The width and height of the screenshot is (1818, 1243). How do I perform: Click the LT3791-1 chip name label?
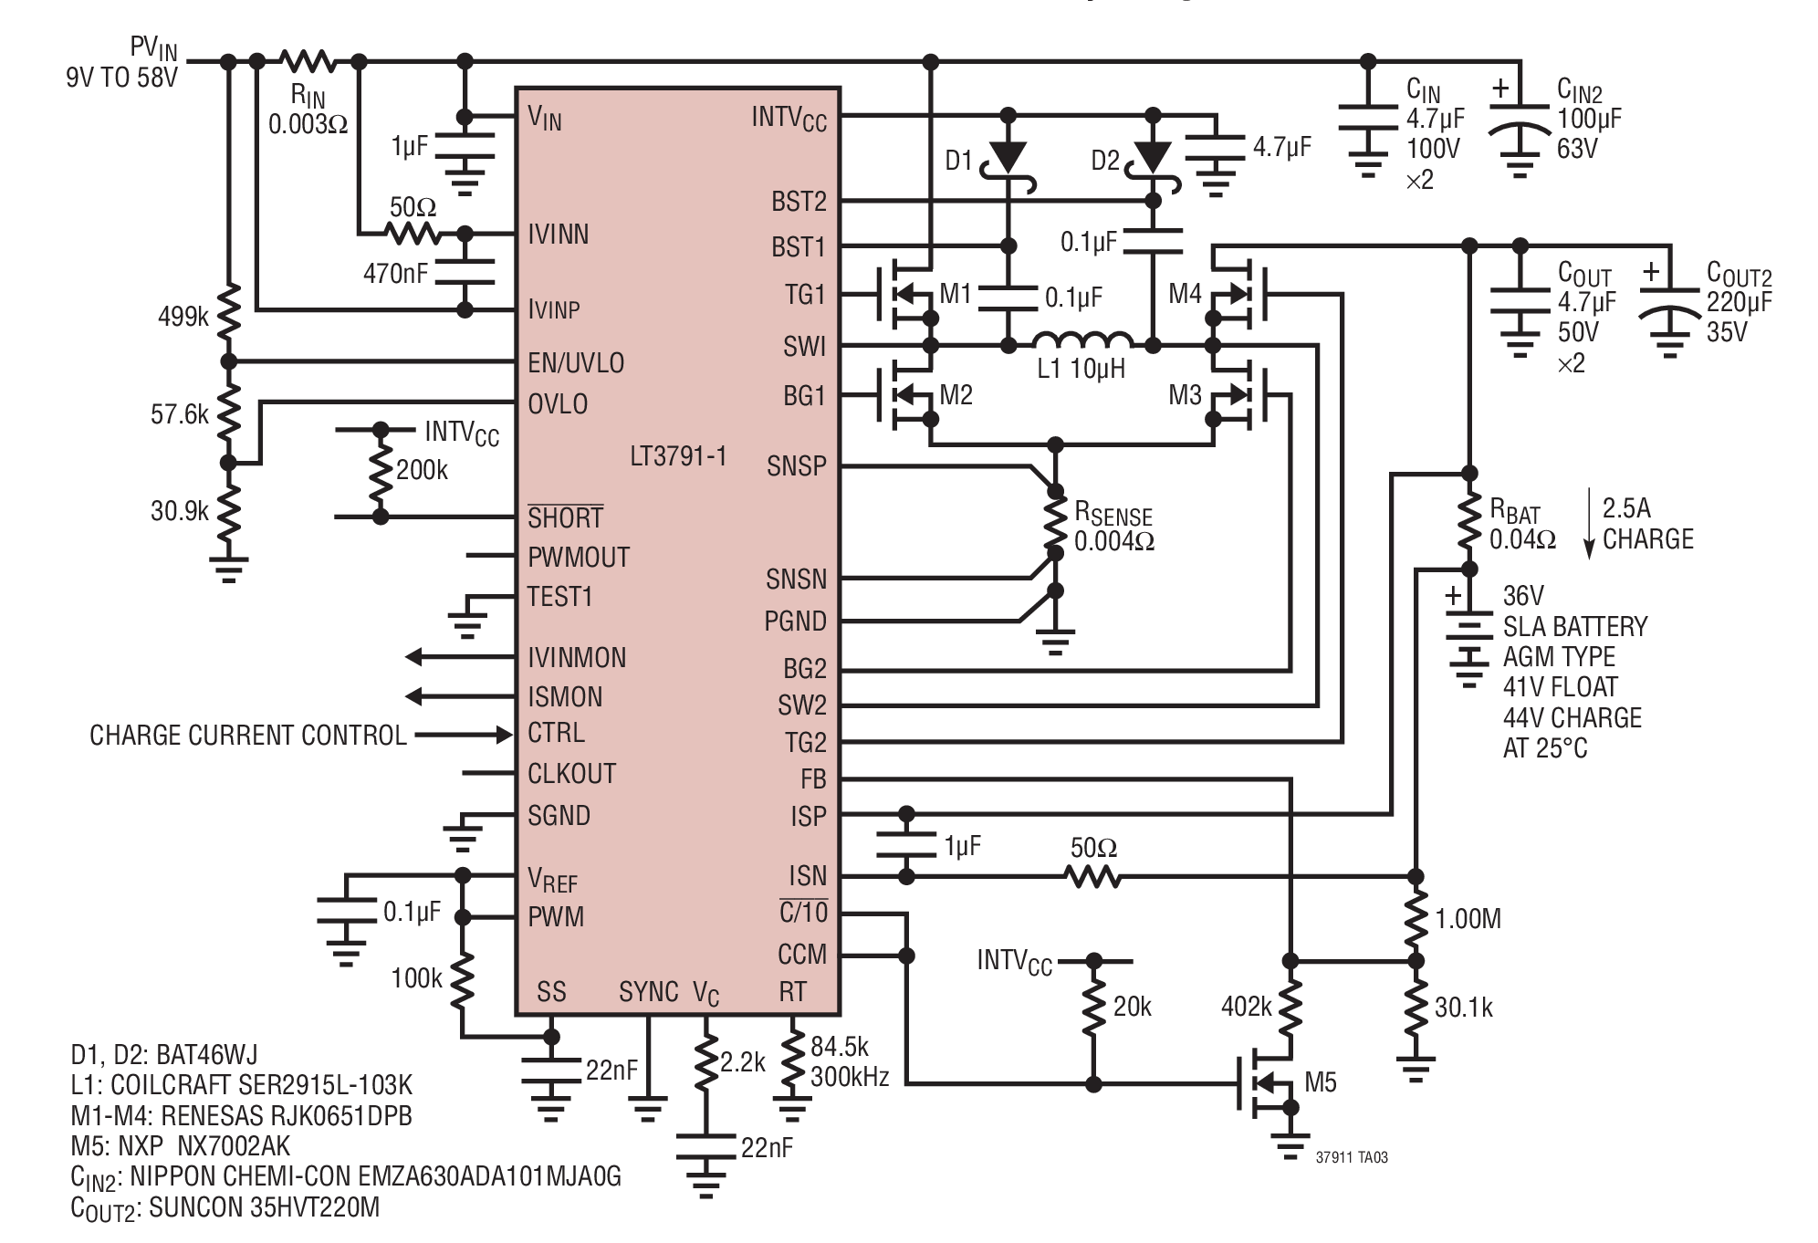678,455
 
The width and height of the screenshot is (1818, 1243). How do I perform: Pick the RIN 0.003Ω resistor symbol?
308,61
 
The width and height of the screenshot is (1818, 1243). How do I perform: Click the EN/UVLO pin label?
576,363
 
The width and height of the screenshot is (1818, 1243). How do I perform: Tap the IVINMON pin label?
577,658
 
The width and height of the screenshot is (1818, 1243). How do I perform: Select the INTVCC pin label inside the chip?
789,119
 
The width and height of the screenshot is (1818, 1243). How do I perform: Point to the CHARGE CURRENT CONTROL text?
248,736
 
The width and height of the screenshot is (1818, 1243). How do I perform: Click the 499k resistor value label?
183,318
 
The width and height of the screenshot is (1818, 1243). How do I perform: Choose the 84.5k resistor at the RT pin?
792,1060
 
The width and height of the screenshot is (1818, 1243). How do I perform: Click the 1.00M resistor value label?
1468,919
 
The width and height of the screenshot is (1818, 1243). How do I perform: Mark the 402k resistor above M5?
1290,1007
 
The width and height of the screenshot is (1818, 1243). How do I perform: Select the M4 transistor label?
1186,294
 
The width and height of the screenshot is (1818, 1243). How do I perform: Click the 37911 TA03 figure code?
1352,1157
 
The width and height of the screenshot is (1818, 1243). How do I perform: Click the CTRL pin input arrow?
464,735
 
